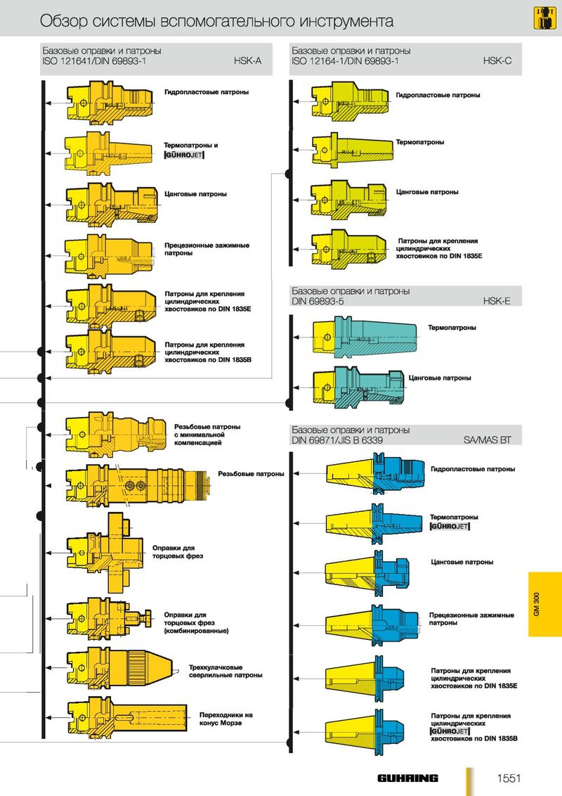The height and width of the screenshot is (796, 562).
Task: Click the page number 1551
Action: coord(509,778)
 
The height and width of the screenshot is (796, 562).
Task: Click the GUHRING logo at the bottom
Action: coord(407,778)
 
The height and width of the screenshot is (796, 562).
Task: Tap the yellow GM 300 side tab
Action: coord(544,604)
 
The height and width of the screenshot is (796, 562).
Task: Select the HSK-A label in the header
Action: coord(247,61)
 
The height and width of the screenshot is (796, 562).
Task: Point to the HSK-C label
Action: coord(497,61)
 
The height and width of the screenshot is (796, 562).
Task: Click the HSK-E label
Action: coord(497,301)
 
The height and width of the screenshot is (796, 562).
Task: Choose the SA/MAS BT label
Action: coord(487,440)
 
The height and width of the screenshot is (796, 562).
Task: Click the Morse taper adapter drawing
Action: coord(127,718)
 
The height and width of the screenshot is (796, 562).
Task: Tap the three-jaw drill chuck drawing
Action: coord(119,668)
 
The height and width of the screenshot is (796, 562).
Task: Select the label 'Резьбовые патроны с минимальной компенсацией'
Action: coord(207,435)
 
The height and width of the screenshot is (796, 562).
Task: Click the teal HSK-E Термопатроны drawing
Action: coord(364,337)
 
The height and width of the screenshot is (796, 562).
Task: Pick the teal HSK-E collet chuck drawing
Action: coord(358,387)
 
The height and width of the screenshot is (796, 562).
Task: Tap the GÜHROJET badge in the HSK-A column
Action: coord(184,154)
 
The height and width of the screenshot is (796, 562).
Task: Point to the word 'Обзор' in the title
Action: coord(60,21)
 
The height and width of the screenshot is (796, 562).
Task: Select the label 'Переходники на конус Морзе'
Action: coord(226,719)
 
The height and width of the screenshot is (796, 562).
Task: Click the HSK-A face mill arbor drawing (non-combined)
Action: coord(106,552)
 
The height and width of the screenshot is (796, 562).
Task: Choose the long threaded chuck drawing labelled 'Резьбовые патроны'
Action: coord(138,486)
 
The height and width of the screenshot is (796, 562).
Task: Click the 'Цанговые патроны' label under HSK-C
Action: coord(427,192)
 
